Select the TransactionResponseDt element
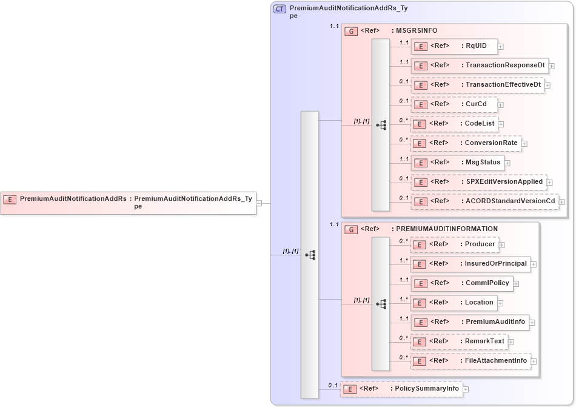pyautogui.click(x=479, y=66)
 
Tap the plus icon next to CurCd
pyautogui.click(x=501, y=104)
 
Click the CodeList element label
pyautogui.click(x=480, y=123)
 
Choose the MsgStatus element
pyautogui.click(x=457, y=163)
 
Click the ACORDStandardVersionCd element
pyautogui.click(x=485, y=201)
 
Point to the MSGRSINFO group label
pyautogui.click(x=417, y=30)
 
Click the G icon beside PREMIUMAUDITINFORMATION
pyautogui.click(x=350, y=229)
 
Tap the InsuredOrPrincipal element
pyautogui.click(x=471, y=264)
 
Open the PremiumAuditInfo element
pyautogui.click(x=470, y=322)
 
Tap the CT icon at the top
pyautogui.click(x=280, y=9)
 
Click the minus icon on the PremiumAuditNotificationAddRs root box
pyautogui.click(x=259, y=203)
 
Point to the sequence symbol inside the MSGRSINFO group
pyautogui.click(x=381, y=125)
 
